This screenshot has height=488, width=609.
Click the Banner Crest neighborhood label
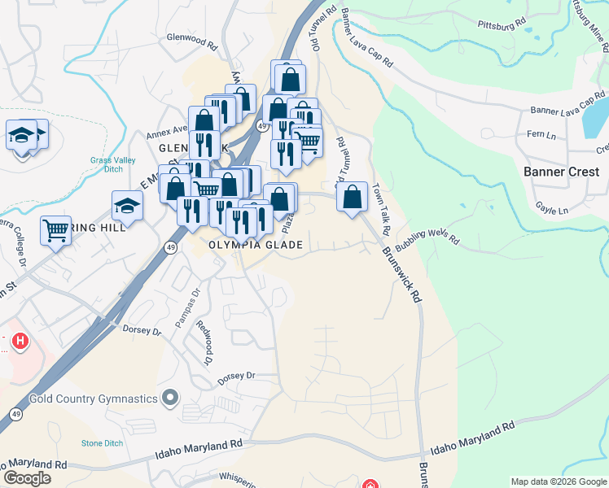[x=561, y=172]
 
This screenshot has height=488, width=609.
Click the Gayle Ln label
[x=552, y=210]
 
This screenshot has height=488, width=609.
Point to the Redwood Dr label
[x=204, y=342]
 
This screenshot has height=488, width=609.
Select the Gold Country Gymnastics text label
[x=93, y=399]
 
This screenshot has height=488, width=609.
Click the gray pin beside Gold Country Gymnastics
[x=170, y=398]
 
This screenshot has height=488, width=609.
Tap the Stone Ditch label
[x=102, y=443]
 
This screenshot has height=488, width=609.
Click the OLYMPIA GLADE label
[x=256, y=245]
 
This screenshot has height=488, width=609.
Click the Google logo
[x=27, y=477]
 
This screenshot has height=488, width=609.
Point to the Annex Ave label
[x=167, y=135]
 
